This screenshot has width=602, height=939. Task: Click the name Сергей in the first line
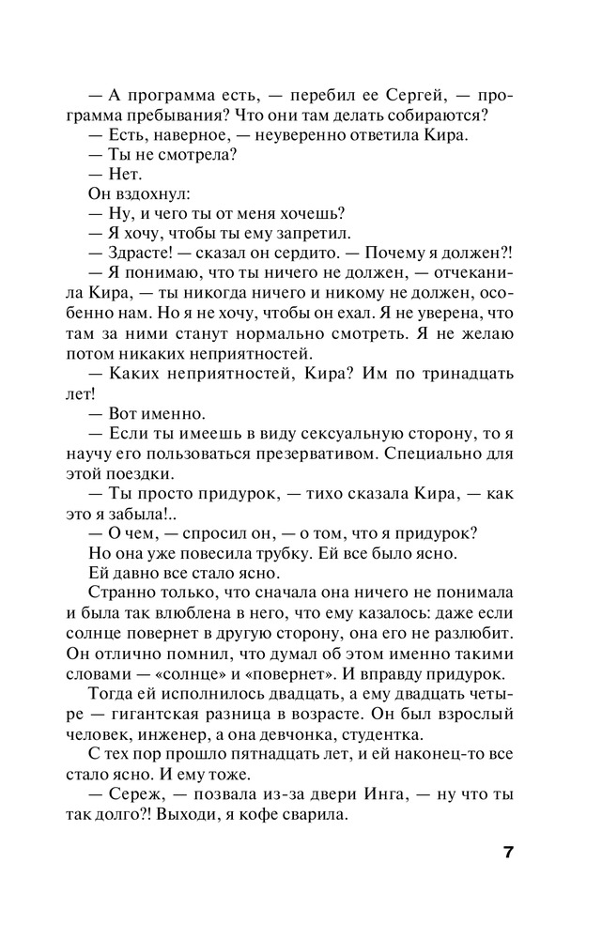(x=417, y=97)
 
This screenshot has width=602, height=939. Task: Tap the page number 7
(x=508, y=853)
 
